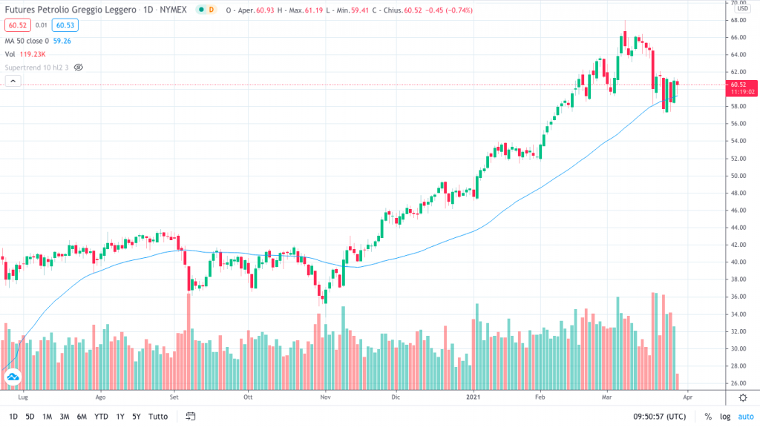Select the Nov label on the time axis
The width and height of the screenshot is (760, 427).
325,397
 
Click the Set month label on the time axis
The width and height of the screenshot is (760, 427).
175,397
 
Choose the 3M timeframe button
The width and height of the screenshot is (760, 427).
65,416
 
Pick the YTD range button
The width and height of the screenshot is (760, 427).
101,416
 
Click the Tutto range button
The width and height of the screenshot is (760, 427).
158,416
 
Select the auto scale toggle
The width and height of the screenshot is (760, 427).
745,416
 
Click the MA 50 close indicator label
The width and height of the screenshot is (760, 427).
31,40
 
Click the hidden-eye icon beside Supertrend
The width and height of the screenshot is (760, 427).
78,67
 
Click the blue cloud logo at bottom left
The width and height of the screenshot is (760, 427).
13,378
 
